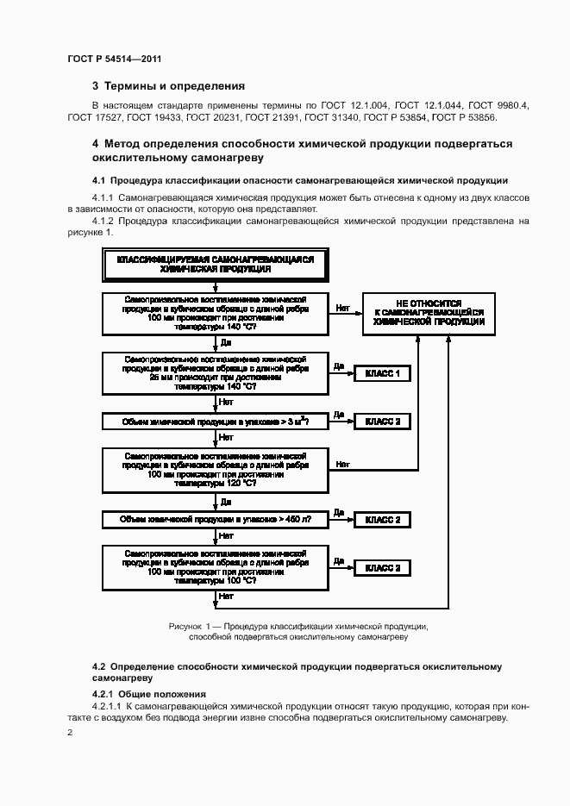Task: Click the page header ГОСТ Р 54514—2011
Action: (114, 59)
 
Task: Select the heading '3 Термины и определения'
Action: (168, 86)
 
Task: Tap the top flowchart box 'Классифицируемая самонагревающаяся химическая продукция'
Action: (215, 264)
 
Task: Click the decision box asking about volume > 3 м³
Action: (215, 421)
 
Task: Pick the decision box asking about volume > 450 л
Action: (215, 520)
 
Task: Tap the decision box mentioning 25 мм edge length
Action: (215, 372)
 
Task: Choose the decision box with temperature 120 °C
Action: (215, 470)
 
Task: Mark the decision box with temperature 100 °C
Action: (215, 567)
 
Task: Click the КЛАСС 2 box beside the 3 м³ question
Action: (382, 421)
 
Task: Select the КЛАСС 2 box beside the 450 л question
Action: (382, 520)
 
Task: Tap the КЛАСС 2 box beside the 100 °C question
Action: (382, 567)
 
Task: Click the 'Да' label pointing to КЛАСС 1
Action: (339, 366)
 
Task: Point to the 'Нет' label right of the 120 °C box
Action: (342, 464)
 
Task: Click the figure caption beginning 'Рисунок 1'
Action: (298, 631)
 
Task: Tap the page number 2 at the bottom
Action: (70, 732)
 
